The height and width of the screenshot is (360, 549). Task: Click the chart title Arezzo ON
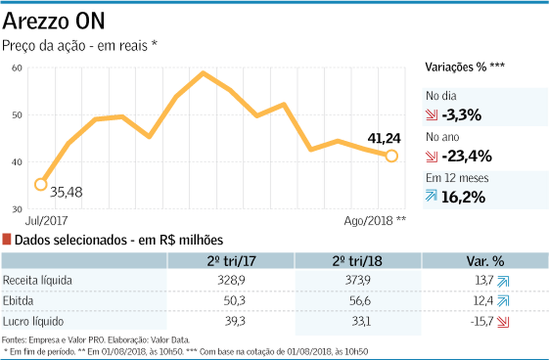(x=54, y=21)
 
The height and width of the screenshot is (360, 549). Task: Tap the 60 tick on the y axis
(x=16, y=68)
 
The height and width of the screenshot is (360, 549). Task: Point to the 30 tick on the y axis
(x=16, y=208)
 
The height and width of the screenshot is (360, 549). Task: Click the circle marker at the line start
(x=40, y=184)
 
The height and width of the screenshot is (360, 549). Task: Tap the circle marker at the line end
(x=391, y=156)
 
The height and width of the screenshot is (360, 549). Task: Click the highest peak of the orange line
(x=203, y=73)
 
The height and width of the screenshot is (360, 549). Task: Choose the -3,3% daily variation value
(x=461, y=116)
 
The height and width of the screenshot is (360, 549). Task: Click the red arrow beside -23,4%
(x=431, y=157)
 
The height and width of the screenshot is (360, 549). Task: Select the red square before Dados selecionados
(x=7, y=240)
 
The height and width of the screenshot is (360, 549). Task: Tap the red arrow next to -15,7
(x=503, y=321)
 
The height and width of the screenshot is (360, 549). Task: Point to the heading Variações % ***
(x=465, y=66)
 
